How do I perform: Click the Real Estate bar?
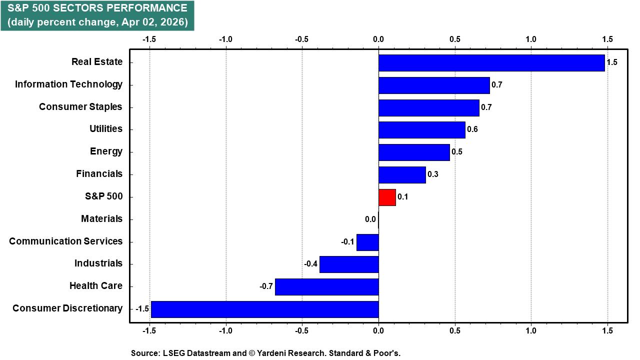[x=491, y=63]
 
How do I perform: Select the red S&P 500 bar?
[x=387, y=197]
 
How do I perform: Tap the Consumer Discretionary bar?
[x=264, y=309]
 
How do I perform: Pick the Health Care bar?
[x=326, y=286]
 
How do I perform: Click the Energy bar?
[x=414, y=152]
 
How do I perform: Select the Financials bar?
[x=402, y=175]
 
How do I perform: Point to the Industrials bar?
[x=349, y=264]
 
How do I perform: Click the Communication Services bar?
[x=367, y=242]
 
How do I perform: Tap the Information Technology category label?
[x=68, y=84]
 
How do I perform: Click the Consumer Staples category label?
[x=80, y=107]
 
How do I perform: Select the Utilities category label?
[x=105, y=129]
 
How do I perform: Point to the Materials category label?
[x=101, y=219]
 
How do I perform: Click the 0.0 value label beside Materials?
[x=370, y=219]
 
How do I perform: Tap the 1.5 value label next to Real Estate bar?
[x=612, y=62]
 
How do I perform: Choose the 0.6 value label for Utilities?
[x=472, y=129]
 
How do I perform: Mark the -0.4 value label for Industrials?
[x=311, y=264]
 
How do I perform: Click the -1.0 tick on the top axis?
[x=225, y=39]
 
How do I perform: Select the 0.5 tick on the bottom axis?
[x=454, y=330]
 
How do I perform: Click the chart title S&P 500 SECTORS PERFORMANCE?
[x=97, y=8]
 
